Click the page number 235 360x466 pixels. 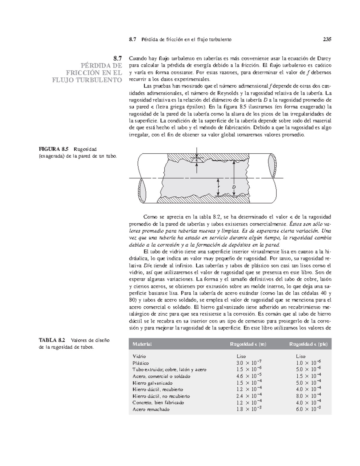327,39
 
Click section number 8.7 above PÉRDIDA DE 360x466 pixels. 117,58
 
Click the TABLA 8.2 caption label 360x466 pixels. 52,340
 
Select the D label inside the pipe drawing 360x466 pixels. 234,187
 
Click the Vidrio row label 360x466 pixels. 139,356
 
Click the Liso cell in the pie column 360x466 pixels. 301,356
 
